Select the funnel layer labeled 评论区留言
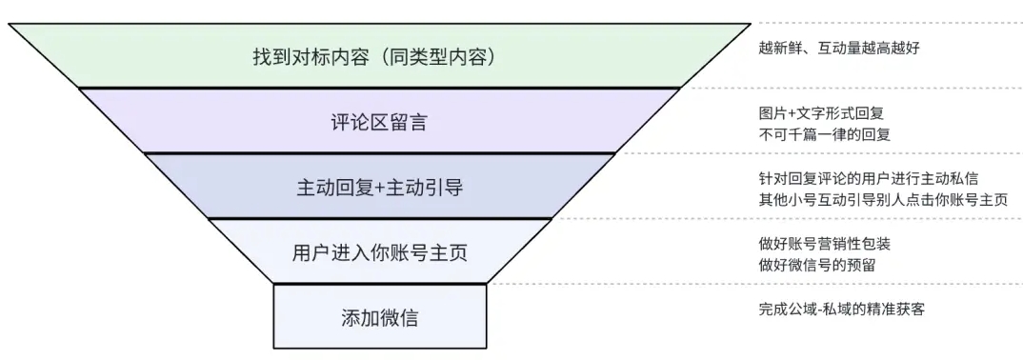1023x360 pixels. (379, 121)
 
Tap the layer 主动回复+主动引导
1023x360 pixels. (379, 187)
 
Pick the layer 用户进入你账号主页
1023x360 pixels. (379, 252)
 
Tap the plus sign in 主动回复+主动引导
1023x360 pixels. (379, 188)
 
